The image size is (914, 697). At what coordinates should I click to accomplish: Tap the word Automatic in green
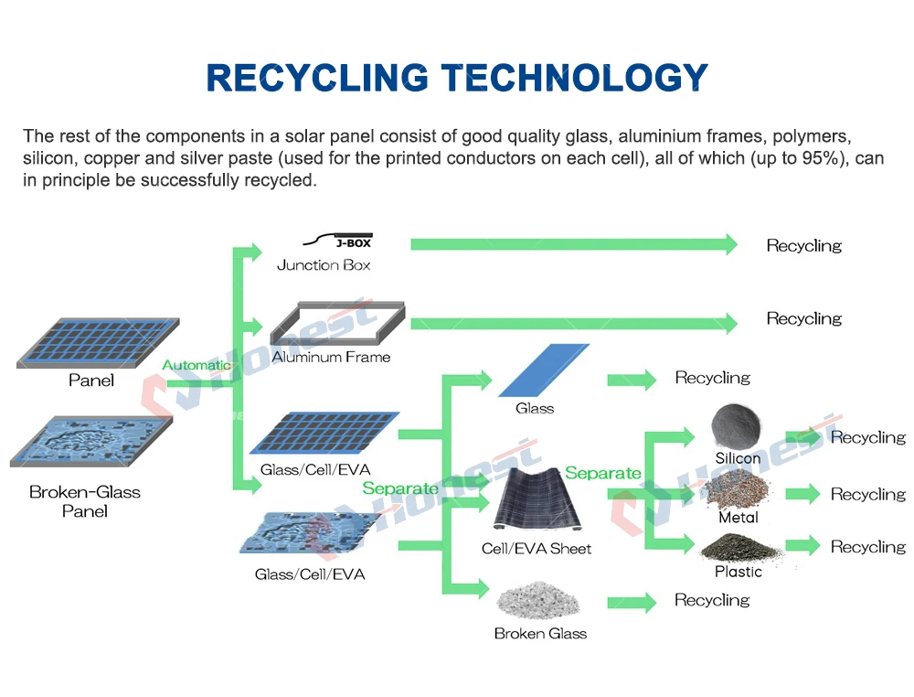tap(197, 365)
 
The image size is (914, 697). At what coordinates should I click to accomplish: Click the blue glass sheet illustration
tap(544, 370)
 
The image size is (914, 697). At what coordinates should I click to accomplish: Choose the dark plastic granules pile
tap(739, 548)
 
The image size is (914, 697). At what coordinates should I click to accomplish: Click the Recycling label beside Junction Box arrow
tap(803, 245)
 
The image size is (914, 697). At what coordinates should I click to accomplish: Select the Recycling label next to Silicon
tap(867, 437)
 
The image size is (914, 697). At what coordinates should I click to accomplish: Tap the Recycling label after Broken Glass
tap(712, 600)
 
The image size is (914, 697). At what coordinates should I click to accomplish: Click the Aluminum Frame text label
tap(331, 357)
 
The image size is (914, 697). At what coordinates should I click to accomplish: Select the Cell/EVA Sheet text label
tap(537, 549)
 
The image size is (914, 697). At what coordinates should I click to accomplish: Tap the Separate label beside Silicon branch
tap(602, 473)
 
